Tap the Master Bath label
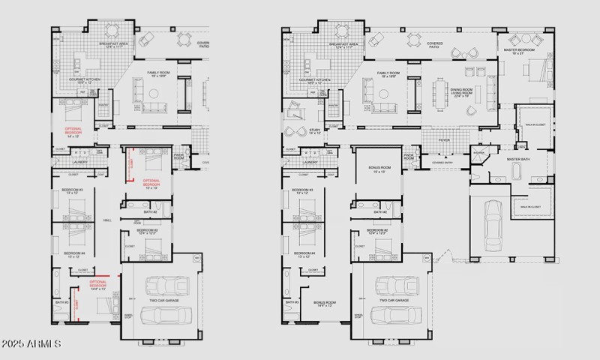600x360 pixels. [x=518, y=159]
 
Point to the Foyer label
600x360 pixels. [x=444, y=139]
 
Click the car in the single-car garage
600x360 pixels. [x=492, y=224]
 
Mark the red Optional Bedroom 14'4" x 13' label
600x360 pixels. [x=98, y=285]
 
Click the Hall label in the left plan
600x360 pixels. [x=107, y=220]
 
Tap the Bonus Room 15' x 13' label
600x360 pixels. [x=376, y=170]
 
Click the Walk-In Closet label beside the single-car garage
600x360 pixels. [x=531, y=206]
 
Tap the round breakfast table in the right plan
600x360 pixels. [x=342, y=31]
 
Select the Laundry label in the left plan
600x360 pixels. [x=79, y=161]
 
